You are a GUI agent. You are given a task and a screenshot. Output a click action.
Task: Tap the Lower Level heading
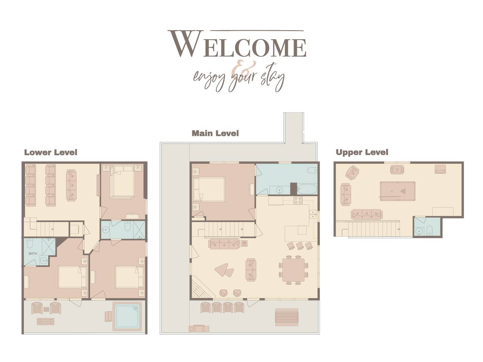51,152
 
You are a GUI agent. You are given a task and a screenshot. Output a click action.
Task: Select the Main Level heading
215,133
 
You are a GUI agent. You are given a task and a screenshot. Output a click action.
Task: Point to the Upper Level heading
362,152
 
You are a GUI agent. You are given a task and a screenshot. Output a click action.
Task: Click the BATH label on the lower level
33,253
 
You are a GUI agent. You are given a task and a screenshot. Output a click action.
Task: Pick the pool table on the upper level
397,191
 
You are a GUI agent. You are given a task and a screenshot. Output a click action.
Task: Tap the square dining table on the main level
293,270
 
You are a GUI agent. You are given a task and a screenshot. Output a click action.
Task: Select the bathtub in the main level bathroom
306,189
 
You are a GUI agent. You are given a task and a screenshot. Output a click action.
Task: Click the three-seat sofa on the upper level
367,214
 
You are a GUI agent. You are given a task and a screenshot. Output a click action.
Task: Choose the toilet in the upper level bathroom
429,230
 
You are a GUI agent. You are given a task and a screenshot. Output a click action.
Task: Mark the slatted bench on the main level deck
286,317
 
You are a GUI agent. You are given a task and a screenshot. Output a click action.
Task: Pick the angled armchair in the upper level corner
352,172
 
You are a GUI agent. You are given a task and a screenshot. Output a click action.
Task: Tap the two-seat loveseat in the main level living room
251,270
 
